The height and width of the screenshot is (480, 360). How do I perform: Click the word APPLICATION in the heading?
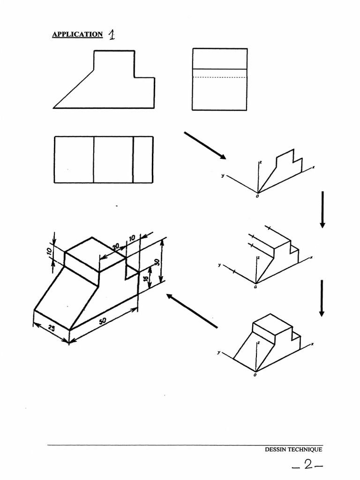pyautogui.click(x=77, y=34)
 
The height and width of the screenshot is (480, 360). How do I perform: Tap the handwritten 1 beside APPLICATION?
pyautogui.click(x=112, y=35)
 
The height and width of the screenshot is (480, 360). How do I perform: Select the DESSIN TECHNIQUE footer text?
pyautogui.click(x=293, y=450)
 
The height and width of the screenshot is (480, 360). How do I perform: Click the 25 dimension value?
pyautogui.click(x=50, y=329)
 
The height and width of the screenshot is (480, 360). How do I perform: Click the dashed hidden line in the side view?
pyautogui.click(x=220, y=77)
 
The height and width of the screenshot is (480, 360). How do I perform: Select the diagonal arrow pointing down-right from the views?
pyautogui.click(x=205, y=145)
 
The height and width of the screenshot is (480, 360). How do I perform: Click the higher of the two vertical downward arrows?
pyautogui.click(x=322, y=209)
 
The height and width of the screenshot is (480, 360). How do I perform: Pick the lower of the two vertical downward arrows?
pyautogui.click(x=322, y=298)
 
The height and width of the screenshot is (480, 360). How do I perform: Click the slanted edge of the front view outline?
pyautogui.click(x=74, y=88)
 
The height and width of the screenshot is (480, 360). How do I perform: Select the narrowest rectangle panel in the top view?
pyautogui.click(x=142, y=159)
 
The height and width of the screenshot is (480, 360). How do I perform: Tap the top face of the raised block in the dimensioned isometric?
pyautogui.click(x=95, y=254)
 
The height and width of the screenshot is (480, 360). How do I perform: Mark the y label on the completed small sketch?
pyautogui.click(x=218, y=352)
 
